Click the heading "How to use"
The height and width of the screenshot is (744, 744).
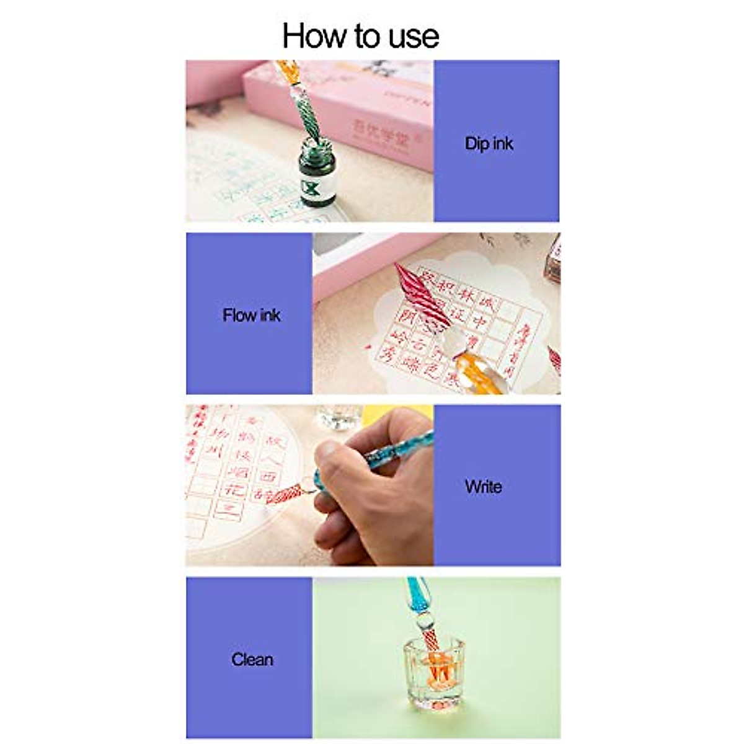[x=360, y=35]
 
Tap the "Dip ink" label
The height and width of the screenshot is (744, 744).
[x=489, y=143]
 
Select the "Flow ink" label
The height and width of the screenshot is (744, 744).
[x=251, y=315]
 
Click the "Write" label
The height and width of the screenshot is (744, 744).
[x=483, y=487]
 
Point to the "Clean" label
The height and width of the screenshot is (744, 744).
[x=252, y=659]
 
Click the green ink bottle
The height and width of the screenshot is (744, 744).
[x=317, y=173]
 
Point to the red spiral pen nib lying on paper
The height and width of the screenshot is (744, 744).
[x=422, y=295]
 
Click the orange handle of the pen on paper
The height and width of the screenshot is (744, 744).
[x=480, y=370]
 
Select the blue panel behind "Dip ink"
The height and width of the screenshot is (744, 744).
[x=496, y=186]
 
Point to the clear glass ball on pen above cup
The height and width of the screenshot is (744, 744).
[x=424, y=621]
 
